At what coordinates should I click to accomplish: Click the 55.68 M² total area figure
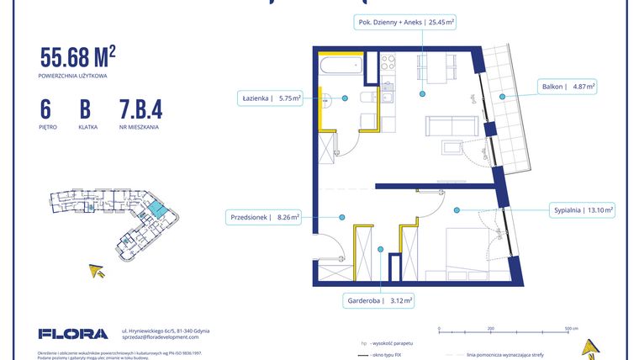[77, 58]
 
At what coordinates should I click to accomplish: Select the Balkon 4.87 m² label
[568, 86]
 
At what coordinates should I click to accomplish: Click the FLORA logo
[73, 333]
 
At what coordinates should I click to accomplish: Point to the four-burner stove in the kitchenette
[388, 62]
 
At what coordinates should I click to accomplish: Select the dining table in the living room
[426, 70]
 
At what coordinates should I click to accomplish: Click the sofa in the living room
[451, 126]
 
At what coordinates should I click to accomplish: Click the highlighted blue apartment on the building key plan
[156, 208]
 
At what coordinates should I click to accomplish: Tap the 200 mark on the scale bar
[490, 329]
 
